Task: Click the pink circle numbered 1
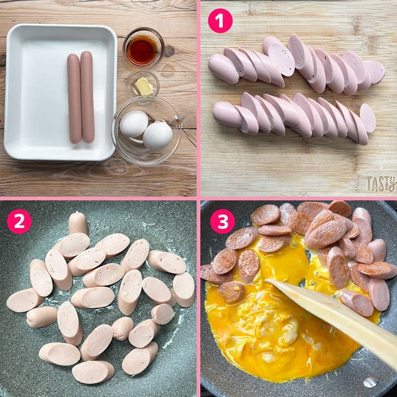(220, 21)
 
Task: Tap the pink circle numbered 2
(19, 221)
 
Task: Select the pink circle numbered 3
(222, 221)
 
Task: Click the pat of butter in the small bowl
(143, 86)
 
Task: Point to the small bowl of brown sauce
(143, 48)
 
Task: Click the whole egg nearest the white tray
(134, 124)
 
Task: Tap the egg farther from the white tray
(158, 136)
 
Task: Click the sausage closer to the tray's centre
(74, 99)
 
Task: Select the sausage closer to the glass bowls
(87, 97)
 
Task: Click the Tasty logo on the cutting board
(381, 184)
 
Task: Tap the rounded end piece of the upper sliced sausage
(223, 69)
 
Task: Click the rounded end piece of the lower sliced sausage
(227, 114)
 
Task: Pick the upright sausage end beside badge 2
(78, 223)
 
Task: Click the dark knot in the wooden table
(168, 50)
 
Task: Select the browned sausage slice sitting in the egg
(231, 292)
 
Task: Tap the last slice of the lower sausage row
(368, 118)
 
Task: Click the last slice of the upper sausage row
(375, 72)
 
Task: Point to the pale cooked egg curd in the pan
(278, 327)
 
